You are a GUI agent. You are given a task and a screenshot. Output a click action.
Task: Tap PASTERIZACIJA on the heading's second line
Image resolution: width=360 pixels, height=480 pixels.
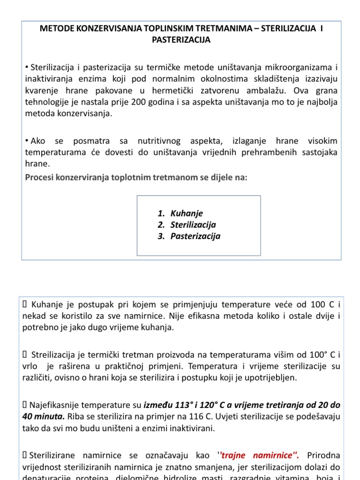pyautogui.click(x=181, y=40)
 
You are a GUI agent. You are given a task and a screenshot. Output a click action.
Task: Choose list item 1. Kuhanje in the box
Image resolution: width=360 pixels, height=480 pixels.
pyautogui.click(x=181, y=213)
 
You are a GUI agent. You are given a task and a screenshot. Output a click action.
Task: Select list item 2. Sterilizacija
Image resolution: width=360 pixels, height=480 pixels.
pyautogui.click(x=187, y=225)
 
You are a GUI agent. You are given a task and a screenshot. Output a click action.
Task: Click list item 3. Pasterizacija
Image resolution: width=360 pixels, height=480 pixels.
pyautogui.click(x=189, y=236)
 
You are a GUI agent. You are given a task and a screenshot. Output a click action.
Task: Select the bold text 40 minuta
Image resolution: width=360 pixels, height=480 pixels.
pyautogui.click(x=44, y=415)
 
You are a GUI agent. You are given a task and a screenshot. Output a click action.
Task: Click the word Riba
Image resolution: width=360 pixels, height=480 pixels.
pyautogui.click(x=76, y=415)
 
